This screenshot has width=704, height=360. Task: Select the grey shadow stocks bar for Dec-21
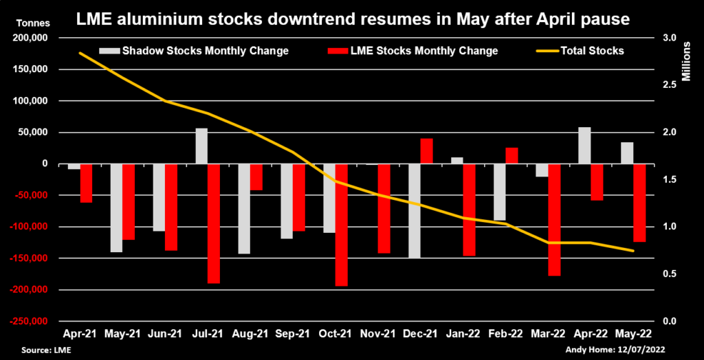(x=414, y=211)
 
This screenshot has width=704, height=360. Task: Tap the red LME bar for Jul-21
(x=213, y=223)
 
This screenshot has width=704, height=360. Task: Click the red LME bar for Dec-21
(x=426, y=151)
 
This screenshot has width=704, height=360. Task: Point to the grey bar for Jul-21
(x=201, y=146)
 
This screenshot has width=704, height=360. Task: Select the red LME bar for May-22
(x=639, y=203)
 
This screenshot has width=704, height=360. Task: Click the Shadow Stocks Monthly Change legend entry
(x=195, y=51)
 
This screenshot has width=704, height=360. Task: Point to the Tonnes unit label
(x=28, y=23)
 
